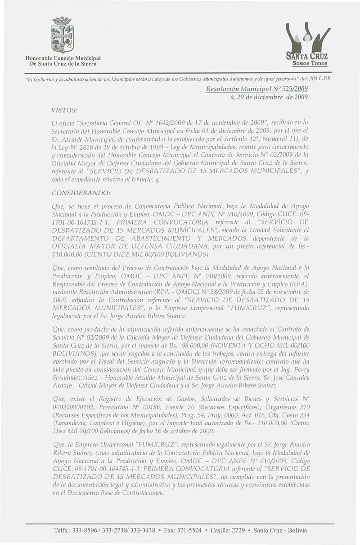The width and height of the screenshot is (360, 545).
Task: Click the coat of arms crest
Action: point(62,35)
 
